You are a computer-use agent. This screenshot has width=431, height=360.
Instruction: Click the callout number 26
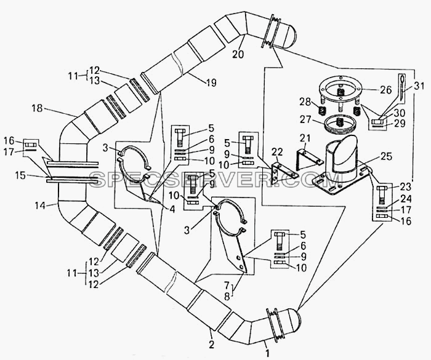(x=386, y=90)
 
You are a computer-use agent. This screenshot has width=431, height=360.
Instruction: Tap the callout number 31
(x=419, y=86)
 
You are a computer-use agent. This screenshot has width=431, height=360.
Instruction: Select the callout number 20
(x=238, y=54)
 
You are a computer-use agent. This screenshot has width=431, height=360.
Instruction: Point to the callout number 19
(x=211, y=82)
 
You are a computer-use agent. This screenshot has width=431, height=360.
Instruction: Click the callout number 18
(x=37, y=108)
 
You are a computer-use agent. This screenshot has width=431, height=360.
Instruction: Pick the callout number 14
(x=40, y=206)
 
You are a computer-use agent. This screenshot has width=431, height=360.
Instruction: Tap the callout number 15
(x=20, y=175)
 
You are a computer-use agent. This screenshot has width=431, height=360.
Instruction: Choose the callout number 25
(x=385, y=157)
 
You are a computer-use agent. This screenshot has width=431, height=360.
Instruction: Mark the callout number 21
(x=304, y=138)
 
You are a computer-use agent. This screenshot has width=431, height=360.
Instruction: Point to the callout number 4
(x=172, y=209)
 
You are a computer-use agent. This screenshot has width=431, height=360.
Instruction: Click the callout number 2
(x=211, y=345)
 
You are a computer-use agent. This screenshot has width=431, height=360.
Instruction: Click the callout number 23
(x=405, y=187)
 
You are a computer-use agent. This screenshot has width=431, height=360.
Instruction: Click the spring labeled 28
(x=322, y=111)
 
